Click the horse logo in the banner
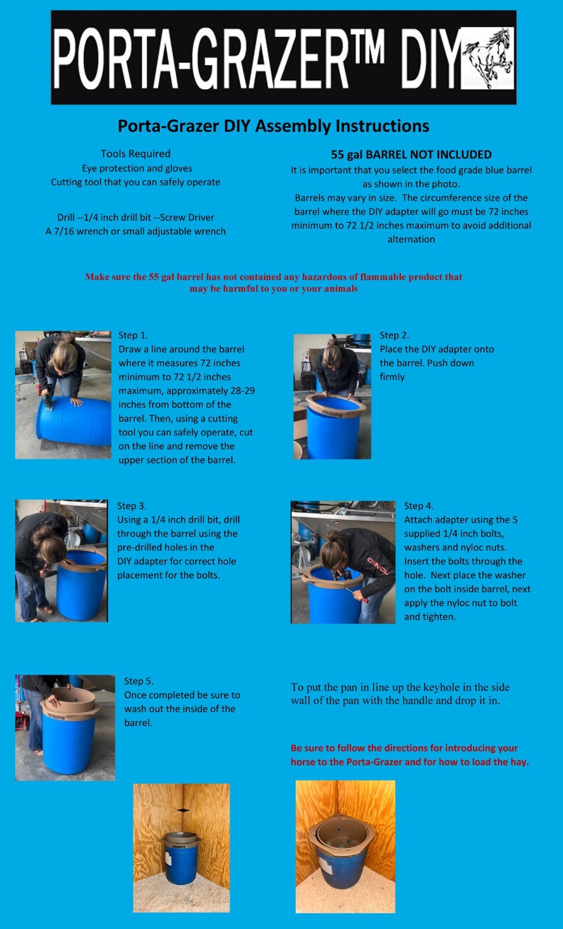click(x=488, y=57)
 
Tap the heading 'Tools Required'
click(x=136, y=154)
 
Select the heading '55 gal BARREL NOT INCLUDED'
click(x=411, y=154)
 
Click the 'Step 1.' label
click(x=133, y=335)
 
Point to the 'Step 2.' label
click(x=394, y=335)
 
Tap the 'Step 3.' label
click(x=131, y=506)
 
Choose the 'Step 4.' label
click(x=419, y=506)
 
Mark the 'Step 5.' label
click(x=139, y=681)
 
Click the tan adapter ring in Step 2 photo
click(x=336, y=406)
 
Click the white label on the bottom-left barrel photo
click(x=168, y=859)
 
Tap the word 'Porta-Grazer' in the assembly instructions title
click(x=168, y=125)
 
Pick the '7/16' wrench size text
click(x=64, y=231)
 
